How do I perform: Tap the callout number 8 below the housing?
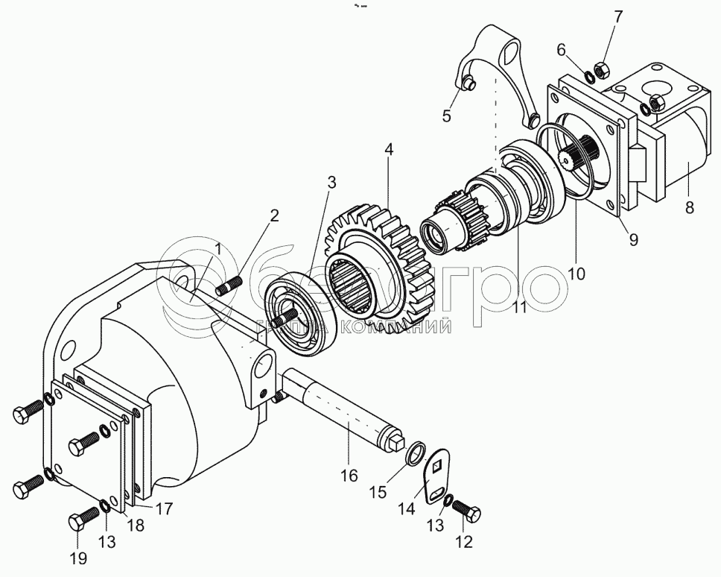click(690, 208)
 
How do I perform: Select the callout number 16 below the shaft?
click(349, 474)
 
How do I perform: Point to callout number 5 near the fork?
click(447, 116)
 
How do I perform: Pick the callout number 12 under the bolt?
click(465, 543)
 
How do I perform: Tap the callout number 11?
click(520, 306)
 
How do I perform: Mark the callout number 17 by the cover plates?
click(164, 509)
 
